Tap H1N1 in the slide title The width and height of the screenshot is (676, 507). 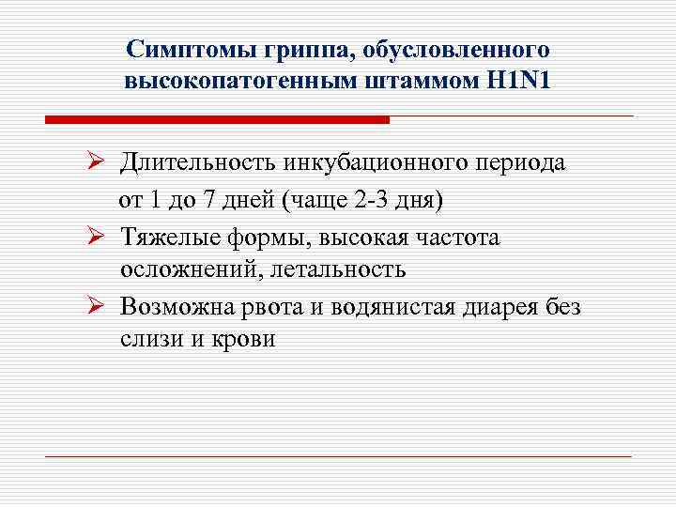517,81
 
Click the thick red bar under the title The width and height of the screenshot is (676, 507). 217,120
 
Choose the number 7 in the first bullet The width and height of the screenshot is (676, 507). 212,201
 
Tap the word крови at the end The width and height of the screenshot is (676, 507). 244,340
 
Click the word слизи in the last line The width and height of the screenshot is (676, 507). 152,340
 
